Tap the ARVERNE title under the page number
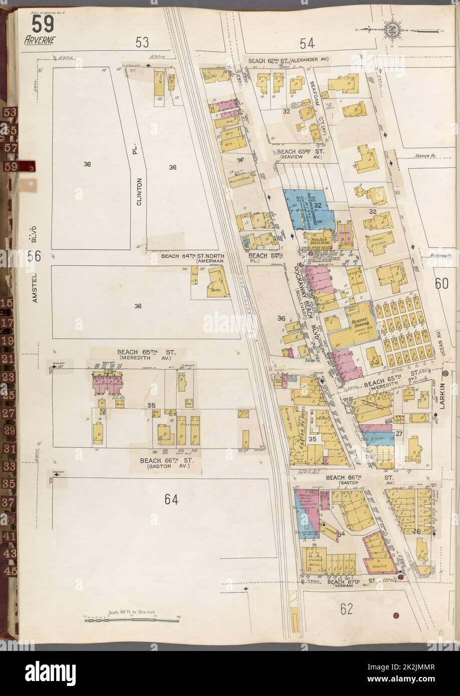click(x=40, y=41)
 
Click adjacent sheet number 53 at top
click(x=142, y=44)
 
